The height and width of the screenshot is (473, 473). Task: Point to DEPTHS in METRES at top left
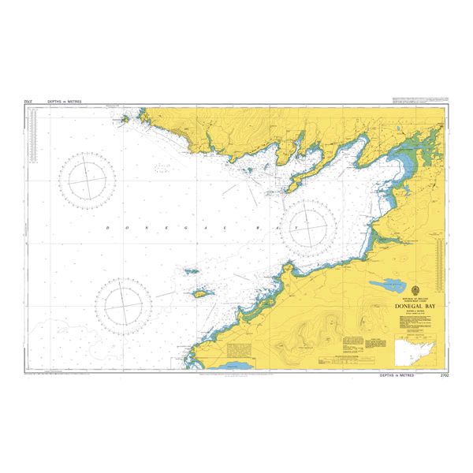coord(64,102)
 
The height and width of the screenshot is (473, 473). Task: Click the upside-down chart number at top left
coord(29,102)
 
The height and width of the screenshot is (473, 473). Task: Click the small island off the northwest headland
coord(124,121)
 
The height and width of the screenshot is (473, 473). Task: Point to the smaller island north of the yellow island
coord(192,271)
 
